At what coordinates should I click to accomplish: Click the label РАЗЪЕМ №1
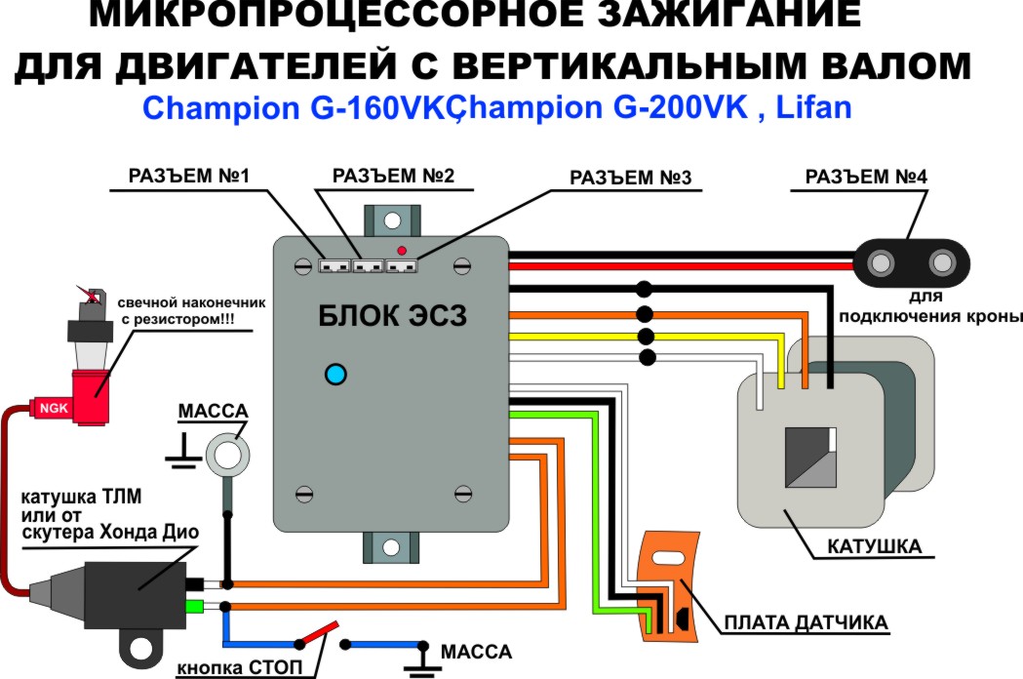188,177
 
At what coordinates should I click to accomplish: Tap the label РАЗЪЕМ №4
866,177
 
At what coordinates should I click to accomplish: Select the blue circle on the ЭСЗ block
335,375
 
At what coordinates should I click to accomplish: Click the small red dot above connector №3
402,251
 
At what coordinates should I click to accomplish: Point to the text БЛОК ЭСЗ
393,316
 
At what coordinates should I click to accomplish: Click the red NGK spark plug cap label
55,408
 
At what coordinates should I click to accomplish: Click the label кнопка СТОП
240,667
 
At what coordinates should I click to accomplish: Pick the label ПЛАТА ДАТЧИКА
807,622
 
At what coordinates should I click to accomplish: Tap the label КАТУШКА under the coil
874,546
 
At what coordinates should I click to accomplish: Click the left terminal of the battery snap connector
880,263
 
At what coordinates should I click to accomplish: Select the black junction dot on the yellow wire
646,337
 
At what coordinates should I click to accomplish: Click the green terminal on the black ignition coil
195,607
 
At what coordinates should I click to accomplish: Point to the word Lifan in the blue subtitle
813,107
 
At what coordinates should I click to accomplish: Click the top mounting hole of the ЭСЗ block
392,220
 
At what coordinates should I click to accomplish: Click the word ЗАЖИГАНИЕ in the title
729,15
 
